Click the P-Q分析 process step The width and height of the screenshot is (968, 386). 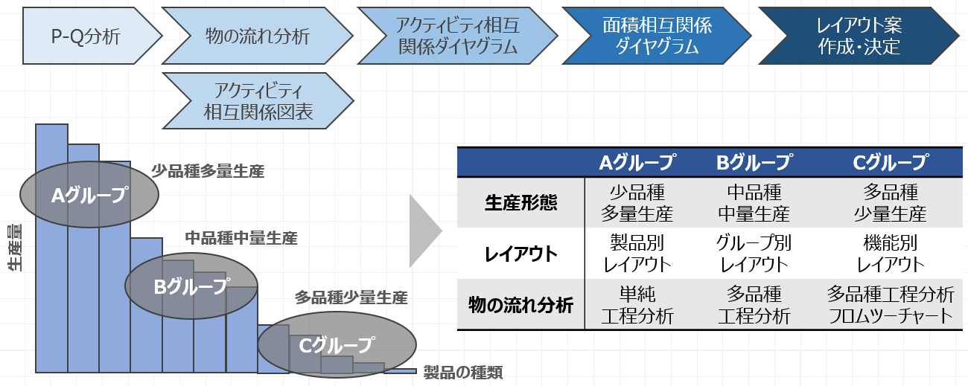coord(86,36)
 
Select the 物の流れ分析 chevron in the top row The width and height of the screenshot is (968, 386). coord(257,36)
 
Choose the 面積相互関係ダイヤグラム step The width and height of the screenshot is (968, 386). coord(657,36)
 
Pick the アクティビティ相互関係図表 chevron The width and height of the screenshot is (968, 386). coord(258,101)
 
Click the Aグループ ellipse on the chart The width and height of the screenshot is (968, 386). coord(89,196)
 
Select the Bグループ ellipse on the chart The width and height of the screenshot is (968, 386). coord(191,286)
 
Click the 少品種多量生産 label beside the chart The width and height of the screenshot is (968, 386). coord(208,171)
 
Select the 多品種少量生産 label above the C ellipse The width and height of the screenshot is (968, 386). coord(351,298)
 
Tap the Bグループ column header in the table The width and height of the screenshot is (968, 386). coord(754,162)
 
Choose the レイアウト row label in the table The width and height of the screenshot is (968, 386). coord(520,254)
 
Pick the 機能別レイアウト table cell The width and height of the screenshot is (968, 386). coord(891,254)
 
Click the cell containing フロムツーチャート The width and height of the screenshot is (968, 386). coord(891,304)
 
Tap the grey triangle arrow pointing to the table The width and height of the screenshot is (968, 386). coord(425,231)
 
